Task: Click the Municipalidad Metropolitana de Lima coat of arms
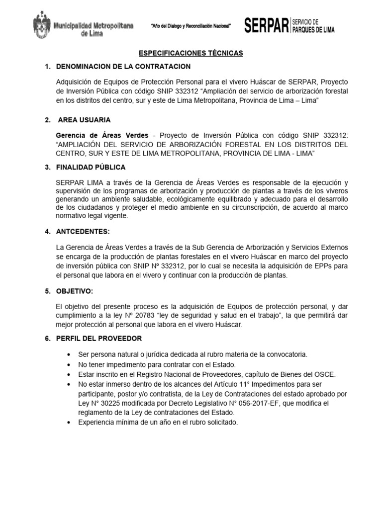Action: click(x=42, y=26)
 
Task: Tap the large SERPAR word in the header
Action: click(x=266, y=26)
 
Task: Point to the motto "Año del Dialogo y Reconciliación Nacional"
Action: click(x=191, y=26)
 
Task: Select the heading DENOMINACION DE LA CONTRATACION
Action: click(x=124, y=67)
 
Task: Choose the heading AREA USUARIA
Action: click(x=85, y=120)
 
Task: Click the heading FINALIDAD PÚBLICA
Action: click(x=92, y=167)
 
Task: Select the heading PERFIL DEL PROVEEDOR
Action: click(x=99, y=338)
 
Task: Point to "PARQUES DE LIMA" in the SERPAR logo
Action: click(x=313, y=30)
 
